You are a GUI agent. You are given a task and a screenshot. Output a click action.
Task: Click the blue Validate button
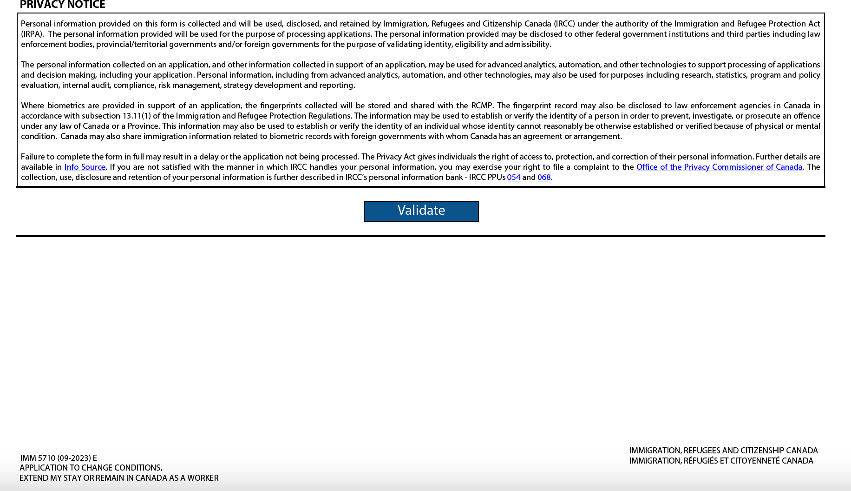coord(421,211)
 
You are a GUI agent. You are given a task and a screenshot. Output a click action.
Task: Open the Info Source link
coord(85,167)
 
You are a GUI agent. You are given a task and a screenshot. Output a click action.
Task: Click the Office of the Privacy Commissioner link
coord(719,167)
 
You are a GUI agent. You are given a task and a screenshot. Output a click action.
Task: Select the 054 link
coord(513,178)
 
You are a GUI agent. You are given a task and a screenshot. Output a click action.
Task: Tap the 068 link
coord(544,178)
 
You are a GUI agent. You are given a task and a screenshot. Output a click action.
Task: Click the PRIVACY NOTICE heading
coord(62,5)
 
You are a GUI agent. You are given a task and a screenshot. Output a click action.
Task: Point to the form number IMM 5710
coord(58,458)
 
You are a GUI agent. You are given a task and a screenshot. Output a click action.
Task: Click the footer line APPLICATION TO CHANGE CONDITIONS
coord(91,468)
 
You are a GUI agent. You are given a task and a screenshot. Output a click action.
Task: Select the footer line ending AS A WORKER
coord(118,478)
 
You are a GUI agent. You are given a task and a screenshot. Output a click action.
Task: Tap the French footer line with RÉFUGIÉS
coord(721,461)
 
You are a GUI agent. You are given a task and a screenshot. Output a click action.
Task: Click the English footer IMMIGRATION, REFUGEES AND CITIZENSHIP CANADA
coord(723,451)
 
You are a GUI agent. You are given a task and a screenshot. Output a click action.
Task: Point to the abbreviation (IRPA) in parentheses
coord(32,34)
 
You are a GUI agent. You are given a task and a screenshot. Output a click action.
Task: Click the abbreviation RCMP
coord(481,106)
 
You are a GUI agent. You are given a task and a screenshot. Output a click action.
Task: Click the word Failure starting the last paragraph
coord(33,157)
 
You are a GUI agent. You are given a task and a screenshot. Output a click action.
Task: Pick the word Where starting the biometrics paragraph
coord(33,106)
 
